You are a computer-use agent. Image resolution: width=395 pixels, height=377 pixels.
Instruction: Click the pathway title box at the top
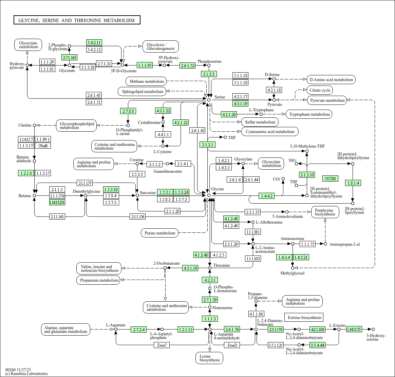(x=77, y=20)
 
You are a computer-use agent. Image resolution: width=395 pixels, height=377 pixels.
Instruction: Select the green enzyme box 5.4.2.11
(x=94, y=42)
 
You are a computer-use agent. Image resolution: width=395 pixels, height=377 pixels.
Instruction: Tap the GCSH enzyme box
(x=330, y=178)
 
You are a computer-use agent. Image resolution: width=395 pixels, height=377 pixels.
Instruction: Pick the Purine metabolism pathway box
(x=160, y=233)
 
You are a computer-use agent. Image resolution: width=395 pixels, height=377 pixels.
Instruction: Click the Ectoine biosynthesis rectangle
(x=304, y=318)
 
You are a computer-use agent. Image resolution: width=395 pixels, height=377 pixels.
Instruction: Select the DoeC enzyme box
(x=162, y=345)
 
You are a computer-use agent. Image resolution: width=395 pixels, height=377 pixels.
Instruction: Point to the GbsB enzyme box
(x=43, y=146)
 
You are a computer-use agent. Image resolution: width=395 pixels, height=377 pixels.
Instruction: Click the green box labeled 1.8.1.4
(x=353, y=183)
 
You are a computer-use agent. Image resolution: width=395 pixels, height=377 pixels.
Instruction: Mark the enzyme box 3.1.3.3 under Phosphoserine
(x=209, y=74)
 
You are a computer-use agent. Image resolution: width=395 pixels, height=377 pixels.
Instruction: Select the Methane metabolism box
(x=147, y=81)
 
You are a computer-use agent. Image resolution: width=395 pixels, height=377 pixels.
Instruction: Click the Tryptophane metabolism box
(x=309, y=114)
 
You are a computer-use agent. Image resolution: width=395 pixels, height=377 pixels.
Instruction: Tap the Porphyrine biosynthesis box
(x=325, y=212)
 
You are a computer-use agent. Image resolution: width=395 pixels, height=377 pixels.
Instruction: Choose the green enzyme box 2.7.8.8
(x=128, y=111)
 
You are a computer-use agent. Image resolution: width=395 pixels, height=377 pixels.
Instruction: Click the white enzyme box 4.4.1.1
(x=163, y=134)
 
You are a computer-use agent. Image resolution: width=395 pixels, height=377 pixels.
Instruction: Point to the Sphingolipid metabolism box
(x=142, y=91)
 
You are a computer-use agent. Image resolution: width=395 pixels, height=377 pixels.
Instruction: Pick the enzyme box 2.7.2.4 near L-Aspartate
(x=139, y=329)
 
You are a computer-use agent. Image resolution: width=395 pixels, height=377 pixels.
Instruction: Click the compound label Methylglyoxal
(x=292, y=273)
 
